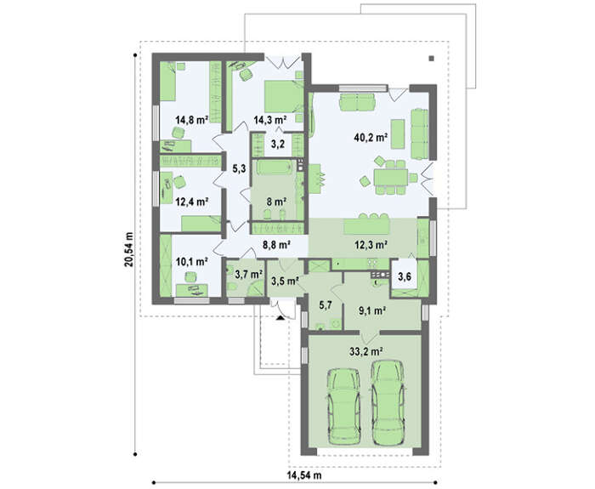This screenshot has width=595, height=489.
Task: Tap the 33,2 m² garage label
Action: tap(365, 351)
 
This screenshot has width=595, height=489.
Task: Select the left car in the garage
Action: tap(344, 407)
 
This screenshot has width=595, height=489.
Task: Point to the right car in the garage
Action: tap(388, 402)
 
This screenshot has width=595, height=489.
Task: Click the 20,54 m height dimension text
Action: tap(129, 249)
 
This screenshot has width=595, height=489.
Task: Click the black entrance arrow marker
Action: tap(280, 318)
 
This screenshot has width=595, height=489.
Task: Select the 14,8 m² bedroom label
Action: tap(192, 120)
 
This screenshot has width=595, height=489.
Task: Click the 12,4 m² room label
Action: tap(192, 202)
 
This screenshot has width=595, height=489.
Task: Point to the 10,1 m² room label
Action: tap(191, 261)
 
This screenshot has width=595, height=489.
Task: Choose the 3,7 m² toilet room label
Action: tap(249, 274)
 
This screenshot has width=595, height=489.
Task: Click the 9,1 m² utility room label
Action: tap(372, 311)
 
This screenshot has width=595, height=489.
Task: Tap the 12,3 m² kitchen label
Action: tap(371, 245)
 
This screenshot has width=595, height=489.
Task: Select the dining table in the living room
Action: tap(391, 177)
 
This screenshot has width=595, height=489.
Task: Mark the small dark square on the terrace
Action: tap(432, 59)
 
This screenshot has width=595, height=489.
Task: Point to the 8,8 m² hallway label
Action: tap(276, 245)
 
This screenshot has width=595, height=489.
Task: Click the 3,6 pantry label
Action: tap(405, 276)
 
